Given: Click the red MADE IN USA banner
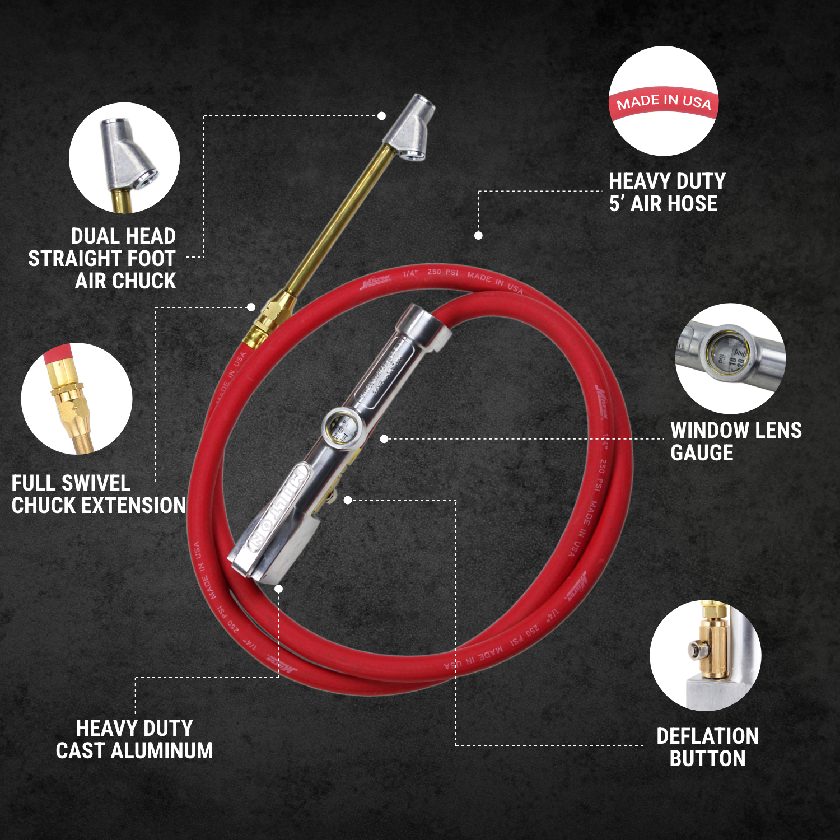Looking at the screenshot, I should [x=663, y=102].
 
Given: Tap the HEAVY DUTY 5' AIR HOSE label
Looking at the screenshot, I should [x=666, y=193].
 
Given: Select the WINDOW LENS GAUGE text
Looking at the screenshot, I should [x=735, y=441].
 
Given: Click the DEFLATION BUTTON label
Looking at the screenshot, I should [x=707, y=747].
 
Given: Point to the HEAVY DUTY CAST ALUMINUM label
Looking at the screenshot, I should [x=134, y=739].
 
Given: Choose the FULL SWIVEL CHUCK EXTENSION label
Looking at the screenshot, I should [x=99, y=494].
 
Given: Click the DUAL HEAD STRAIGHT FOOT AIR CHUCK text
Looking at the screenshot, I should [x=106, y=258].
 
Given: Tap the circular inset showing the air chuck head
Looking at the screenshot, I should [x=124, y=158].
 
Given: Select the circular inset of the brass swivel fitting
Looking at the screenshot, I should [x=77, y=398].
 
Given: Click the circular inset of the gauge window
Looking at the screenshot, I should [x=730, y=358].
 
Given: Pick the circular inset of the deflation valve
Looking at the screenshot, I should [x=705, y=655].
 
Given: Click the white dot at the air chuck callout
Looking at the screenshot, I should [x=381, y=116].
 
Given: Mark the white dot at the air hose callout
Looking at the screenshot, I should [x=478, y=236].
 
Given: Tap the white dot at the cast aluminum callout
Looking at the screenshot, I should [x=278, y=589].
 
